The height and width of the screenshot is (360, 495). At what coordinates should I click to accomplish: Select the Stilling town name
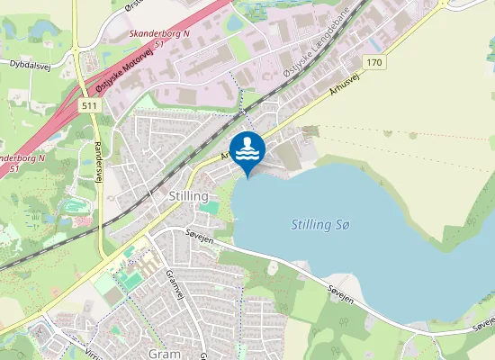pos(188,195)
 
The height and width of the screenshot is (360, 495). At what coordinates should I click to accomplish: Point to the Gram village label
pos(162,354)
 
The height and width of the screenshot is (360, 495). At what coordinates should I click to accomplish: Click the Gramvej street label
pos(174,286)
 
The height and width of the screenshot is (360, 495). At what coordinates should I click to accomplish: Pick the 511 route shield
pos(87,106)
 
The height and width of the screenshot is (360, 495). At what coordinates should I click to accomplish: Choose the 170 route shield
pos(375,62)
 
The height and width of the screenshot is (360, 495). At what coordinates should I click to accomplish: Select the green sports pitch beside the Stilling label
pos(208,208)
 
